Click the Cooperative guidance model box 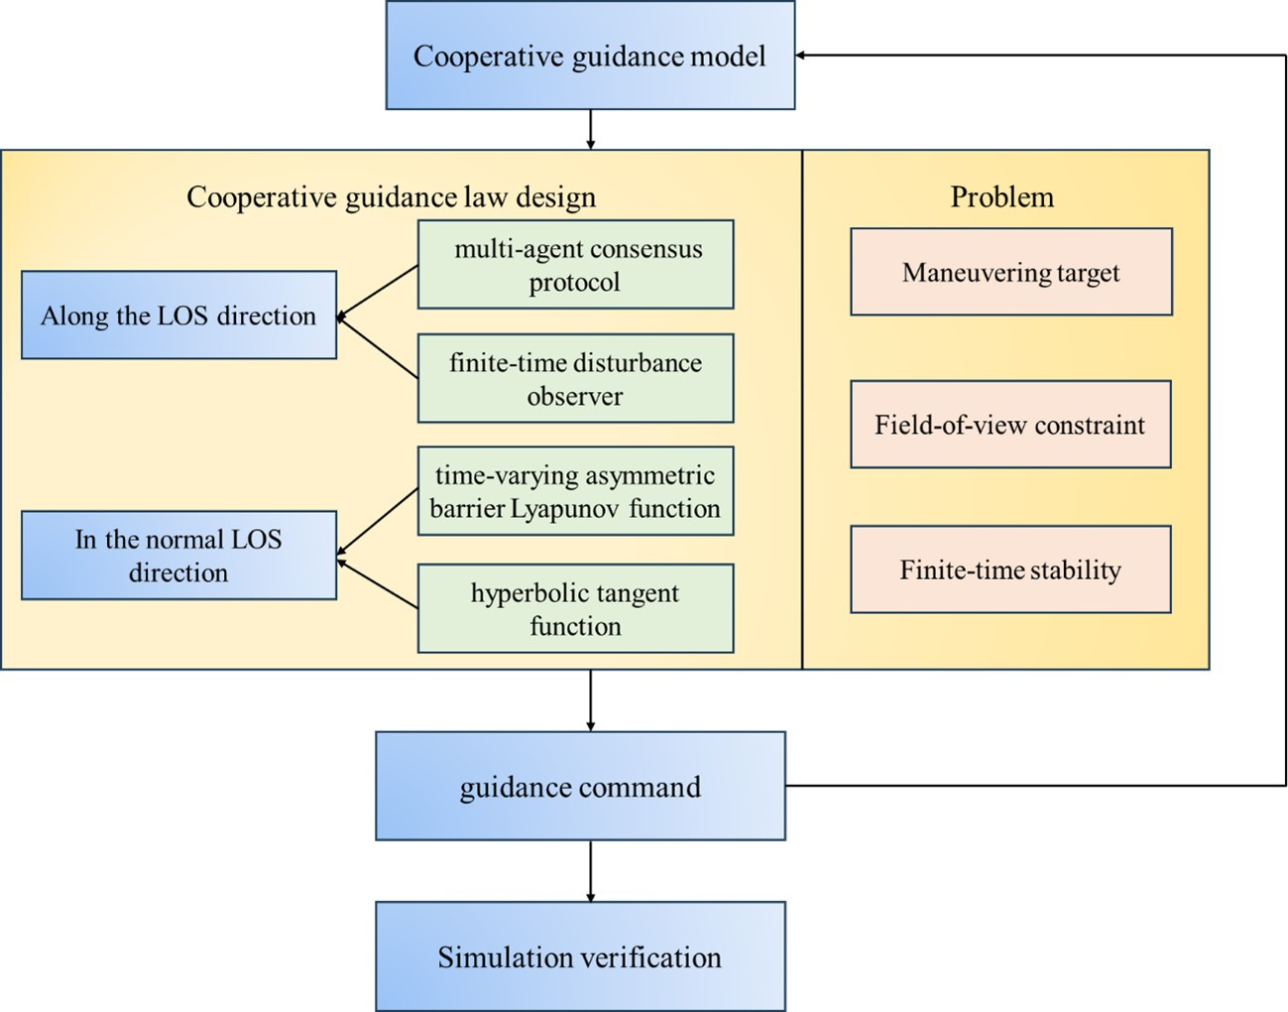590,56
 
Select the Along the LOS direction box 178,316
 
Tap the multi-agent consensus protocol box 575,265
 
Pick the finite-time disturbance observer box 575,379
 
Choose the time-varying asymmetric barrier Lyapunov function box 575,491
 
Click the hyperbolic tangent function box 575,609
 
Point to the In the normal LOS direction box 178,556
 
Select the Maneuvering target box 1010,273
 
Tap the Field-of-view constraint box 1010,425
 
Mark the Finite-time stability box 1010,569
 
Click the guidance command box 580,787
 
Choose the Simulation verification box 580,957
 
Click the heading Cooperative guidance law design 391,196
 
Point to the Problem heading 1001,196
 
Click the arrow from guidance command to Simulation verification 591,871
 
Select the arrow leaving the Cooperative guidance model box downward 591,129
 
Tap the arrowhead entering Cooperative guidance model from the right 801,56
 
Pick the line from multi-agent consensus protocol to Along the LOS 378,291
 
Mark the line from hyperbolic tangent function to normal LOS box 378,584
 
